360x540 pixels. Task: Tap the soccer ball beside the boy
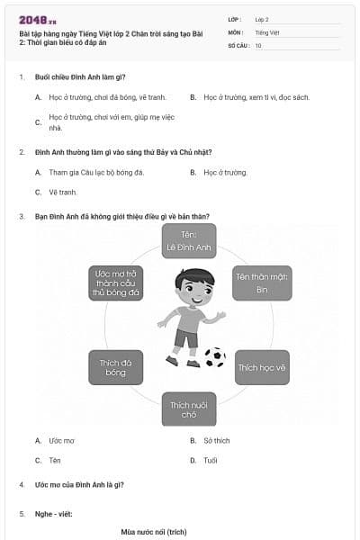coord(215,357)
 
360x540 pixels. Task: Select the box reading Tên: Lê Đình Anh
coord(189,241)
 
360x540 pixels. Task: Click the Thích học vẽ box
coord(262,367)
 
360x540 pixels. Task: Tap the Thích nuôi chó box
coord(189,409)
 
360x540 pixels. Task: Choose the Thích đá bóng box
coord(115,367)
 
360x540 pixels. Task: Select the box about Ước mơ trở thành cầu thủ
coord(115,283)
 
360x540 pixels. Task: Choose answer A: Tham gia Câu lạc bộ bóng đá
coord(94,172)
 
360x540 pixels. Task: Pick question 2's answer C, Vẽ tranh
coord(63,192)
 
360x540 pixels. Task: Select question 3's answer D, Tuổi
coord(210,460)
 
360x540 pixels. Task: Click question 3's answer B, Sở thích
coord(216,441)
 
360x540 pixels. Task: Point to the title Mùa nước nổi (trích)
coord(154,532)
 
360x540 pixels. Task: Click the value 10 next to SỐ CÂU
coord(258,45)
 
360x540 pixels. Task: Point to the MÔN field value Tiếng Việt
coord(265,31)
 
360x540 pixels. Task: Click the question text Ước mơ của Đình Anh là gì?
coord(79,485)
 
